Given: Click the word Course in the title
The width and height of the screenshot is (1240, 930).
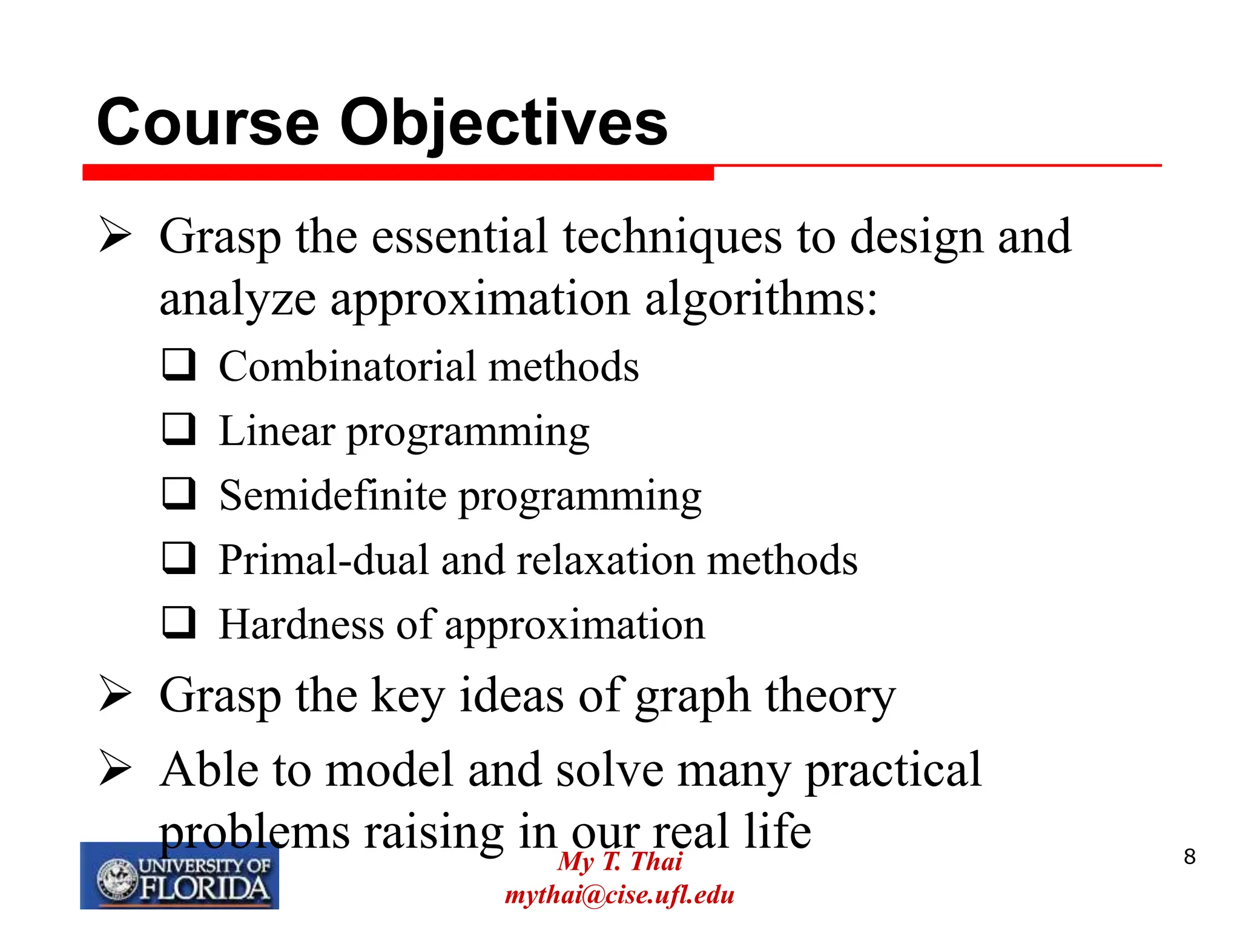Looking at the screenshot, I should tap(208, 124).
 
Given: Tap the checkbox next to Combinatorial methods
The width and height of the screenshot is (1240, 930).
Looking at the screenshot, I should tap(179, 364).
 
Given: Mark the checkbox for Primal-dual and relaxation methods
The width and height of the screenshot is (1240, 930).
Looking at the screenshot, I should tap(179, 558).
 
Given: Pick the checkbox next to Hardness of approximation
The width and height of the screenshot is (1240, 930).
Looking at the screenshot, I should tap(179, 622).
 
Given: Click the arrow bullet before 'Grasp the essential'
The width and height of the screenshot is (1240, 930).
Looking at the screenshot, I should tap(115, 236).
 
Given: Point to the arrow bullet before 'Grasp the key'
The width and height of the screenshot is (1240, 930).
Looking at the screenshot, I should tap(115, 694).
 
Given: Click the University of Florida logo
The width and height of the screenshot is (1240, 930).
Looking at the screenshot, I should tap(179, 876).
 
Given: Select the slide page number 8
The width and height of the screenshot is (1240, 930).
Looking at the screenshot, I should tap(1190, 857).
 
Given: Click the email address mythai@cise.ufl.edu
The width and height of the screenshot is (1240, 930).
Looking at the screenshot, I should tap(619, 895).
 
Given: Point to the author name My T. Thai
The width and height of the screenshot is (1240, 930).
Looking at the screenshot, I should tap(619, 861).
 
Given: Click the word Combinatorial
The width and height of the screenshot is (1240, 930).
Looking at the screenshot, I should tap(348, 367).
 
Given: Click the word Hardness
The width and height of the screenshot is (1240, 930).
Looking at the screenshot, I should tap(301, 624).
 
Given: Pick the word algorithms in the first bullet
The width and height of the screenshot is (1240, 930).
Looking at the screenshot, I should tap(760, 300).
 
